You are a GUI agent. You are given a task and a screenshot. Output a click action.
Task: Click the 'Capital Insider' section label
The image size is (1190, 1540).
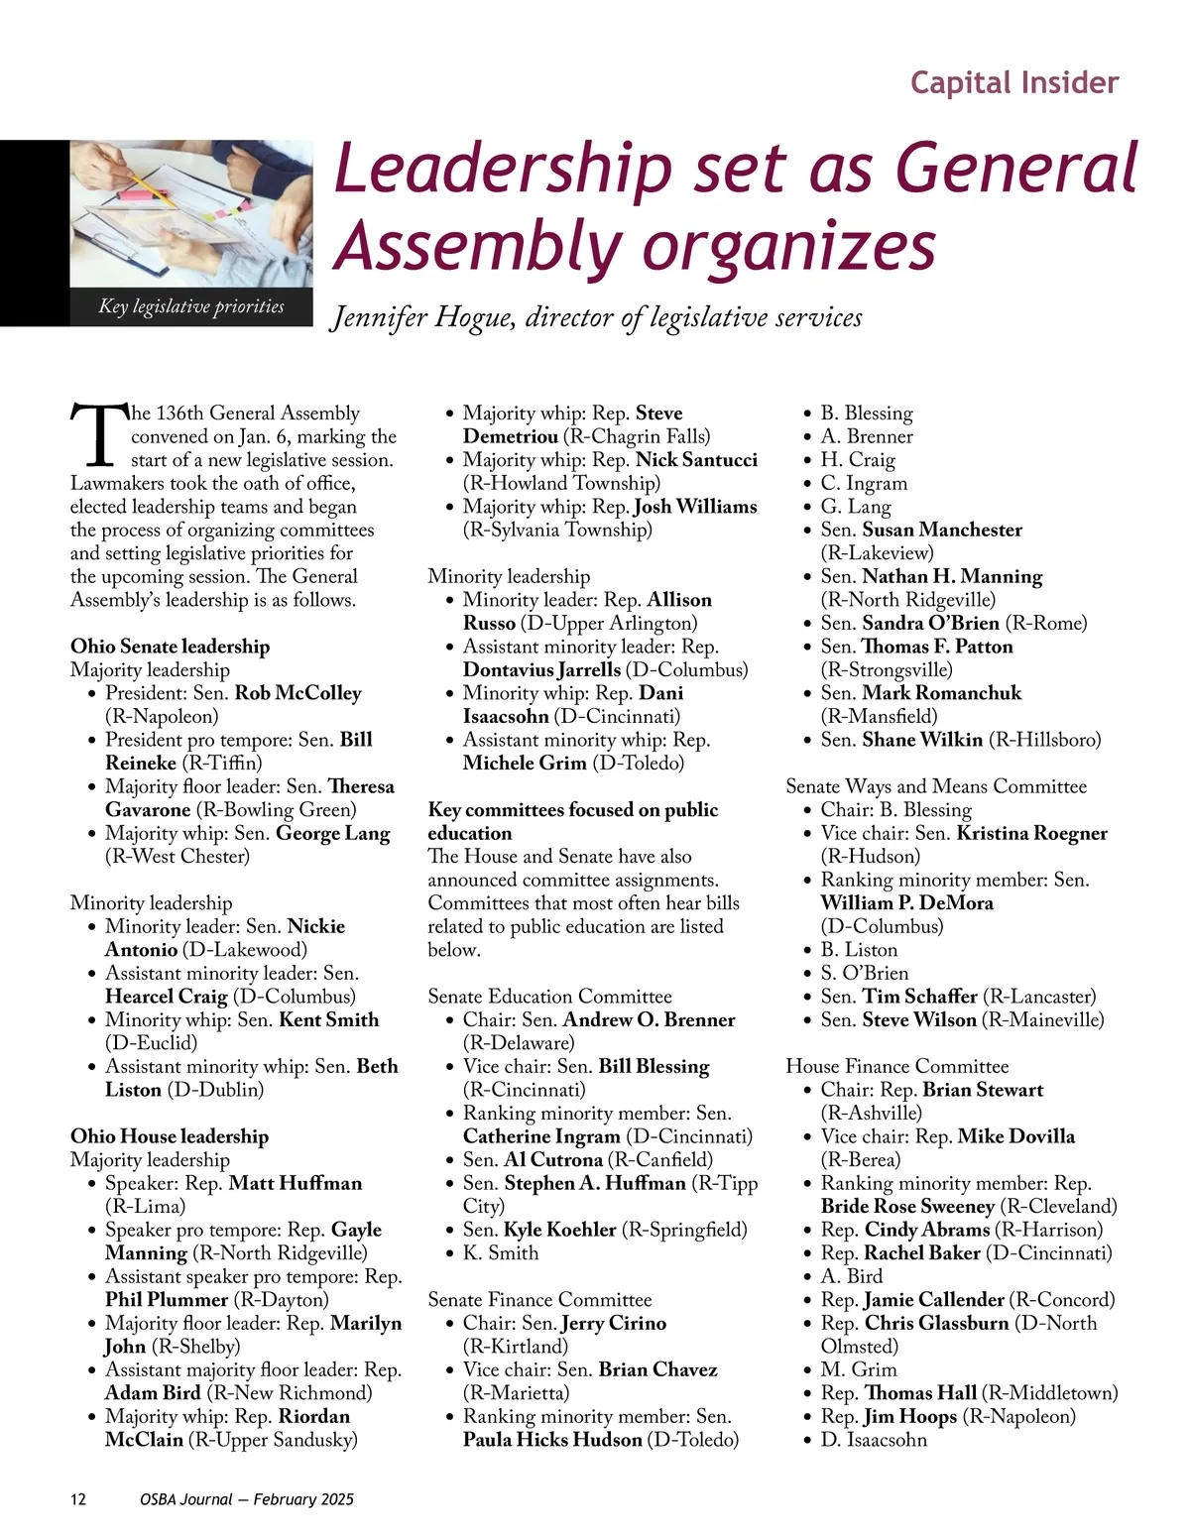(1013, 82)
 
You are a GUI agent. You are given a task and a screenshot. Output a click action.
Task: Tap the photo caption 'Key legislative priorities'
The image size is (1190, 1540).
(190, 306)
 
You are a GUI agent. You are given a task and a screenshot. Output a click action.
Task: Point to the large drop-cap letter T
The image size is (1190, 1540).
(99, 434)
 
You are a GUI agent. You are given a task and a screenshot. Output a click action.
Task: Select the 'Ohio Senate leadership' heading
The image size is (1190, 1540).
(170, 647)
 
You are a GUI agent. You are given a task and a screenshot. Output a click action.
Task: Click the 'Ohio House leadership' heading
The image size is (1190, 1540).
(170, 1136)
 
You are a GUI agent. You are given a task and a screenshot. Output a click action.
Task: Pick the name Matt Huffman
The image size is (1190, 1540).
(296, 1183)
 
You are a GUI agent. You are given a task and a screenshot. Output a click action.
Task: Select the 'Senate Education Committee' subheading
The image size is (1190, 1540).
(549, 997)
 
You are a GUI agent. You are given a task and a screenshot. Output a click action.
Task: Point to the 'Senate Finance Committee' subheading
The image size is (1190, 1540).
(539, 1300)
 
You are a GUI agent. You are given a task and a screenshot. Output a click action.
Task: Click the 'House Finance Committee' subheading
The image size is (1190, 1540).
(896, 1067)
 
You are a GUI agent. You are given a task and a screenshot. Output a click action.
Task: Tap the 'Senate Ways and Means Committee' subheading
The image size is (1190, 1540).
(935, 786)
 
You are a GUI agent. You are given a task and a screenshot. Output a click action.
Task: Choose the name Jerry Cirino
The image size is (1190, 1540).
(613, 1323)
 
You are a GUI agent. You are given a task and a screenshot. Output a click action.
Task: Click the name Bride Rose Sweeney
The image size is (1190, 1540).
(907, 1207)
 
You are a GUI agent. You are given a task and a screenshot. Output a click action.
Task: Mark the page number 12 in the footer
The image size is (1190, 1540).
(78, 1499)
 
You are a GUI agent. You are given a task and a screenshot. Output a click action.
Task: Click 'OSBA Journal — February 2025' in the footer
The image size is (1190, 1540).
(246, 1499)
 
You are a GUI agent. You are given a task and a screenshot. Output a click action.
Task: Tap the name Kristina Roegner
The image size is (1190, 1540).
(1031, 833)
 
